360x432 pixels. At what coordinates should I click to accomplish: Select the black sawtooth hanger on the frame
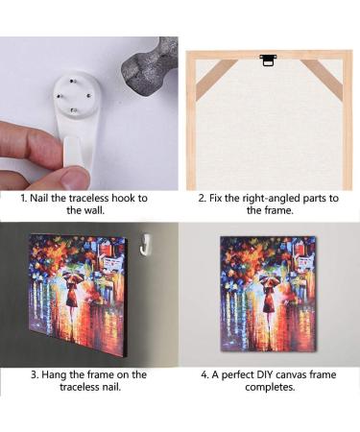(x=268, y=60)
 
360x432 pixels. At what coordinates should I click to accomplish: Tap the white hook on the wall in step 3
(x=146, y=245)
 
